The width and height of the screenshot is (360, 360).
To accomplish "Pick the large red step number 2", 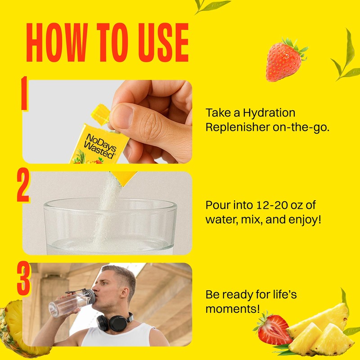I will (x=23, y=186).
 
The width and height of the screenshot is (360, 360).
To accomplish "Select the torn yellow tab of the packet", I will (x=100, y=114).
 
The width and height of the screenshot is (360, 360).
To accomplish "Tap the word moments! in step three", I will (x=233, y=309).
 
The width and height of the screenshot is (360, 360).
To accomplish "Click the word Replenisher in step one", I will (x=238, y=127).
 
